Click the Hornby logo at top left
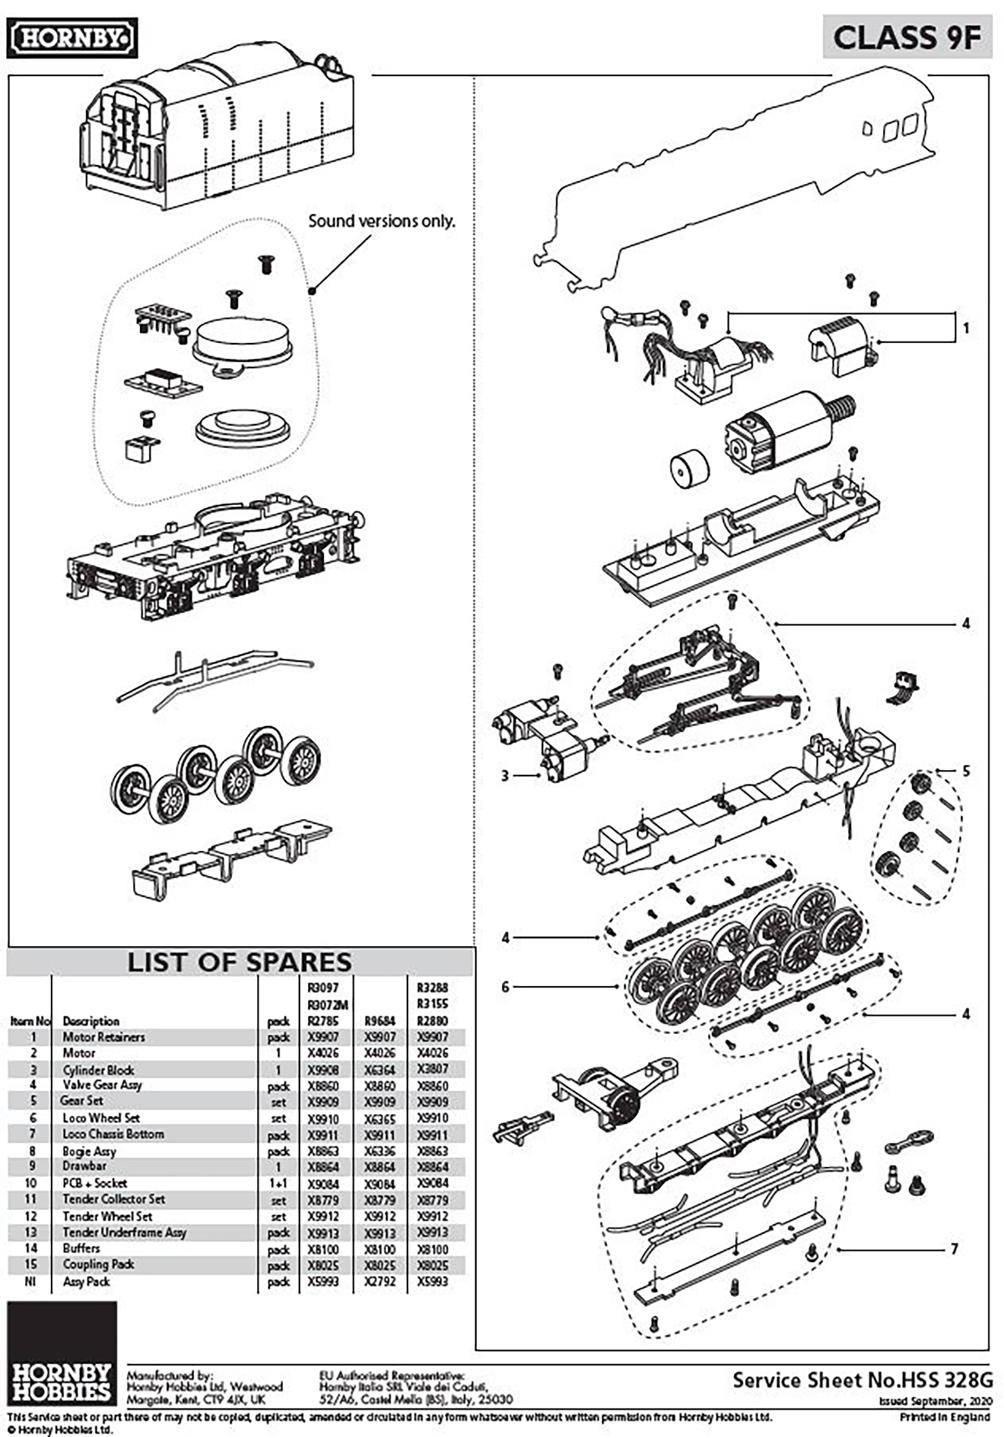click(x=72, y=38)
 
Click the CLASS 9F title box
click(x=906, y=37)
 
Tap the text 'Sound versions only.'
click(x=381, y=221)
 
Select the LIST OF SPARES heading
click(x=239, y=962)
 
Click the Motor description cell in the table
click(x=79, y=1053)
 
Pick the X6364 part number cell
click(x=380, y=1069)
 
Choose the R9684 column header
click(x=380, y=1021)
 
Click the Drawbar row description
click(x=84, y=1165)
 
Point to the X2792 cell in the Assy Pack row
click(x=380, y=1281)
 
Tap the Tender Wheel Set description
click(x=107, y=1216)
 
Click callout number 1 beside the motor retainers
click(x=965, y=328)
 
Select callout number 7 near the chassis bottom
click(x=954, y=1248)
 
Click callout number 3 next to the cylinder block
click(x=505, y=775)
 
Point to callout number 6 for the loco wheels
click(x=505, y=986)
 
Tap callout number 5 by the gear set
click(x=966, y=771)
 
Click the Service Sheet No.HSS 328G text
click(x=862, y=1379)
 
